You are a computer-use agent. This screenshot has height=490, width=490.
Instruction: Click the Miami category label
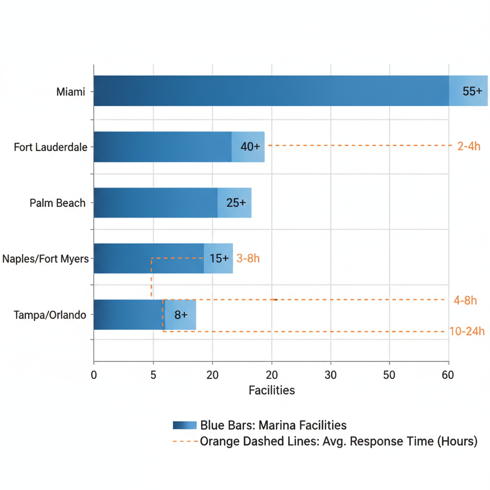tap(70, 91)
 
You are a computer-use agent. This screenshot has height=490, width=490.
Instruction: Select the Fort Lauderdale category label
tap(51, 147)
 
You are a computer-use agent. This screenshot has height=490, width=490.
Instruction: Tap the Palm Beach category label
tap(57, 203)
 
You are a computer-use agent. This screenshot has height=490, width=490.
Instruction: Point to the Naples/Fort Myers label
tap(45, 259)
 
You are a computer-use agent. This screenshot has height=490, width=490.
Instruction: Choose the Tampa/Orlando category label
tap(50, 315)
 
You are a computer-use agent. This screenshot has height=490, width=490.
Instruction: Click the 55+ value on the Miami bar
tap(472, 91)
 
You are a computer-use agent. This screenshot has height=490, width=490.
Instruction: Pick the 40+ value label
tap(250, 147)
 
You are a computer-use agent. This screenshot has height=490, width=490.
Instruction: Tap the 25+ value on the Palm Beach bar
tap(236, 203)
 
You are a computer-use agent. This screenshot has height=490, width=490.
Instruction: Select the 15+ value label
tap(219, 259)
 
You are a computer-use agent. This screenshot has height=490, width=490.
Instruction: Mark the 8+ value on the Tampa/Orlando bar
tap(181, 315)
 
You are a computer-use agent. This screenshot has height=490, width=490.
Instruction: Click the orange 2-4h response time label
tap(468, 147)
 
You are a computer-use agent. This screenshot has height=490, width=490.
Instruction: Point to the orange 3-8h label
tap(248, 259)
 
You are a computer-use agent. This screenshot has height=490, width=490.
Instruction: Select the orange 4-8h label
tap(465, 301)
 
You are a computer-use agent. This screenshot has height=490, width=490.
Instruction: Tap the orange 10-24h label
tap(467, 331)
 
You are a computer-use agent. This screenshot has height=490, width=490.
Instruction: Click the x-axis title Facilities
tap(271, 390)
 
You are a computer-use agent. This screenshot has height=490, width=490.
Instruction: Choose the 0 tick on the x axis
tap(94, 375)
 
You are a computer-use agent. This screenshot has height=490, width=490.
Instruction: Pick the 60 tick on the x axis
tap(448, 375)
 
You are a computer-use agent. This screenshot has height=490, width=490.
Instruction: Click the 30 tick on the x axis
tap(330, 375)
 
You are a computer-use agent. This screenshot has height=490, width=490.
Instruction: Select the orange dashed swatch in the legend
tap(185, 441)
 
